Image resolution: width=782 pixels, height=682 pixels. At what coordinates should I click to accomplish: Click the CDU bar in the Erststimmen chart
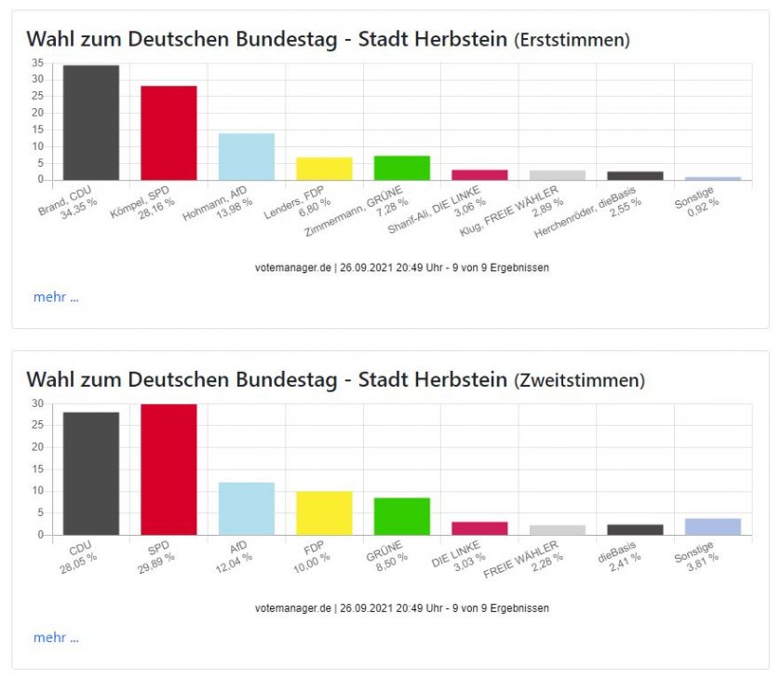(91, 122)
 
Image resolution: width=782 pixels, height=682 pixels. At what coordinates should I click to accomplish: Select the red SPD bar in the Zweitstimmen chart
(169, 470)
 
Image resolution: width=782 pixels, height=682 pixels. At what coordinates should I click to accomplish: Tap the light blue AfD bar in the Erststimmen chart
(247, 157)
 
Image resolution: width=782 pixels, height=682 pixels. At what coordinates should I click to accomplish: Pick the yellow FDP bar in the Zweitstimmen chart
(324, 512)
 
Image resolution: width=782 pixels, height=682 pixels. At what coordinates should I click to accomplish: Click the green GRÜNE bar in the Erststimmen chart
(402, 168)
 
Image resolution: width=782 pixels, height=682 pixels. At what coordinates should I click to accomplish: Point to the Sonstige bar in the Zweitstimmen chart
(713, 526)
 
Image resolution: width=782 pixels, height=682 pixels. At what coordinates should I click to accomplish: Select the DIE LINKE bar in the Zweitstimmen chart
(479, 528)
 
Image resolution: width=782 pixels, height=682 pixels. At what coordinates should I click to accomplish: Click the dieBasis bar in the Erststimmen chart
(635, 176)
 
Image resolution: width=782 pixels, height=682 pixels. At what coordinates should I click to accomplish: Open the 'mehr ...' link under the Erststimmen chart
(56, 297)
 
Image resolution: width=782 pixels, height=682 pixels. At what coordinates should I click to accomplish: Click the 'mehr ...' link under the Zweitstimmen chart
(56, 637)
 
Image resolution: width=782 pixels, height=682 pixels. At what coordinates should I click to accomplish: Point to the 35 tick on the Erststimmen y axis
(38, 62)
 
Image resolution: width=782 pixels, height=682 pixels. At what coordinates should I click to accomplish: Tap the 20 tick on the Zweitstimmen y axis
(38, 447)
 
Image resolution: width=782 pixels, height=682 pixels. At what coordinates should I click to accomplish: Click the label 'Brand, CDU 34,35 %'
(68, 202)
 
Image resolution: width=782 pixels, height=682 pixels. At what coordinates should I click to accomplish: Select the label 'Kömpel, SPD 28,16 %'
(142, 203)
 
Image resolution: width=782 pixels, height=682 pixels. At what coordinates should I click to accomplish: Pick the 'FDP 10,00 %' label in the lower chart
(312, 556)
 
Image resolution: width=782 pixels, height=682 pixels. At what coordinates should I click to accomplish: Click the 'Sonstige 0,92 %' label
(696, 201)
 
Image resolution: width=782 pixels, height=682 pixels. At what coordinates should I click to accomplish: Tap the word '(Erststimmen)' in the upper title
(572, 40)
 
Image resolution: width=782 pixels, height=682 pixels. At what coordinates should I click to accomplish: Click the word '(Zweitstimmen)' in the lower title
(579, 380)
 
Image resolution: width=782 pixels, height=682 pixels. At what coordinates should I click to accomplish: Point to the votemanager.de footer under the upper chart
(402, 267)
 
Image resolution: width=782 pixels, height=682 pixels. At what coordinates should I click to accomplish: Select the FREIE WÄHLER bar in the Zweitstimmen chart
(558, 530)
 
